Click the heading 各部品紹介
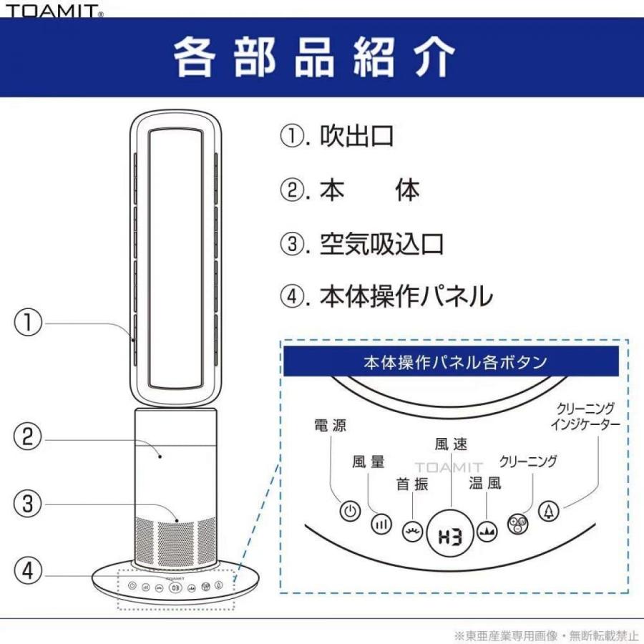pos(315,56)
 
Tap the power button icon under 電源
pos(349,512)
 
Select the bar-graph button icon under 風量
pos(381,524)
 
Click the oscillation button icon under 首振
pos(412,532)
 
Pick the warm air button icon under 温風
pos(488,532)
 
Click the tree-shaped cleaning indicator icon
pos(549,512)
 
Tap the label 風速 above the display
pos(451,444)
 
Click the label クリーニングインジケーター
pos(585,416)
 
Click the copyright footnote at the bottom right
pos(545,635)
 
